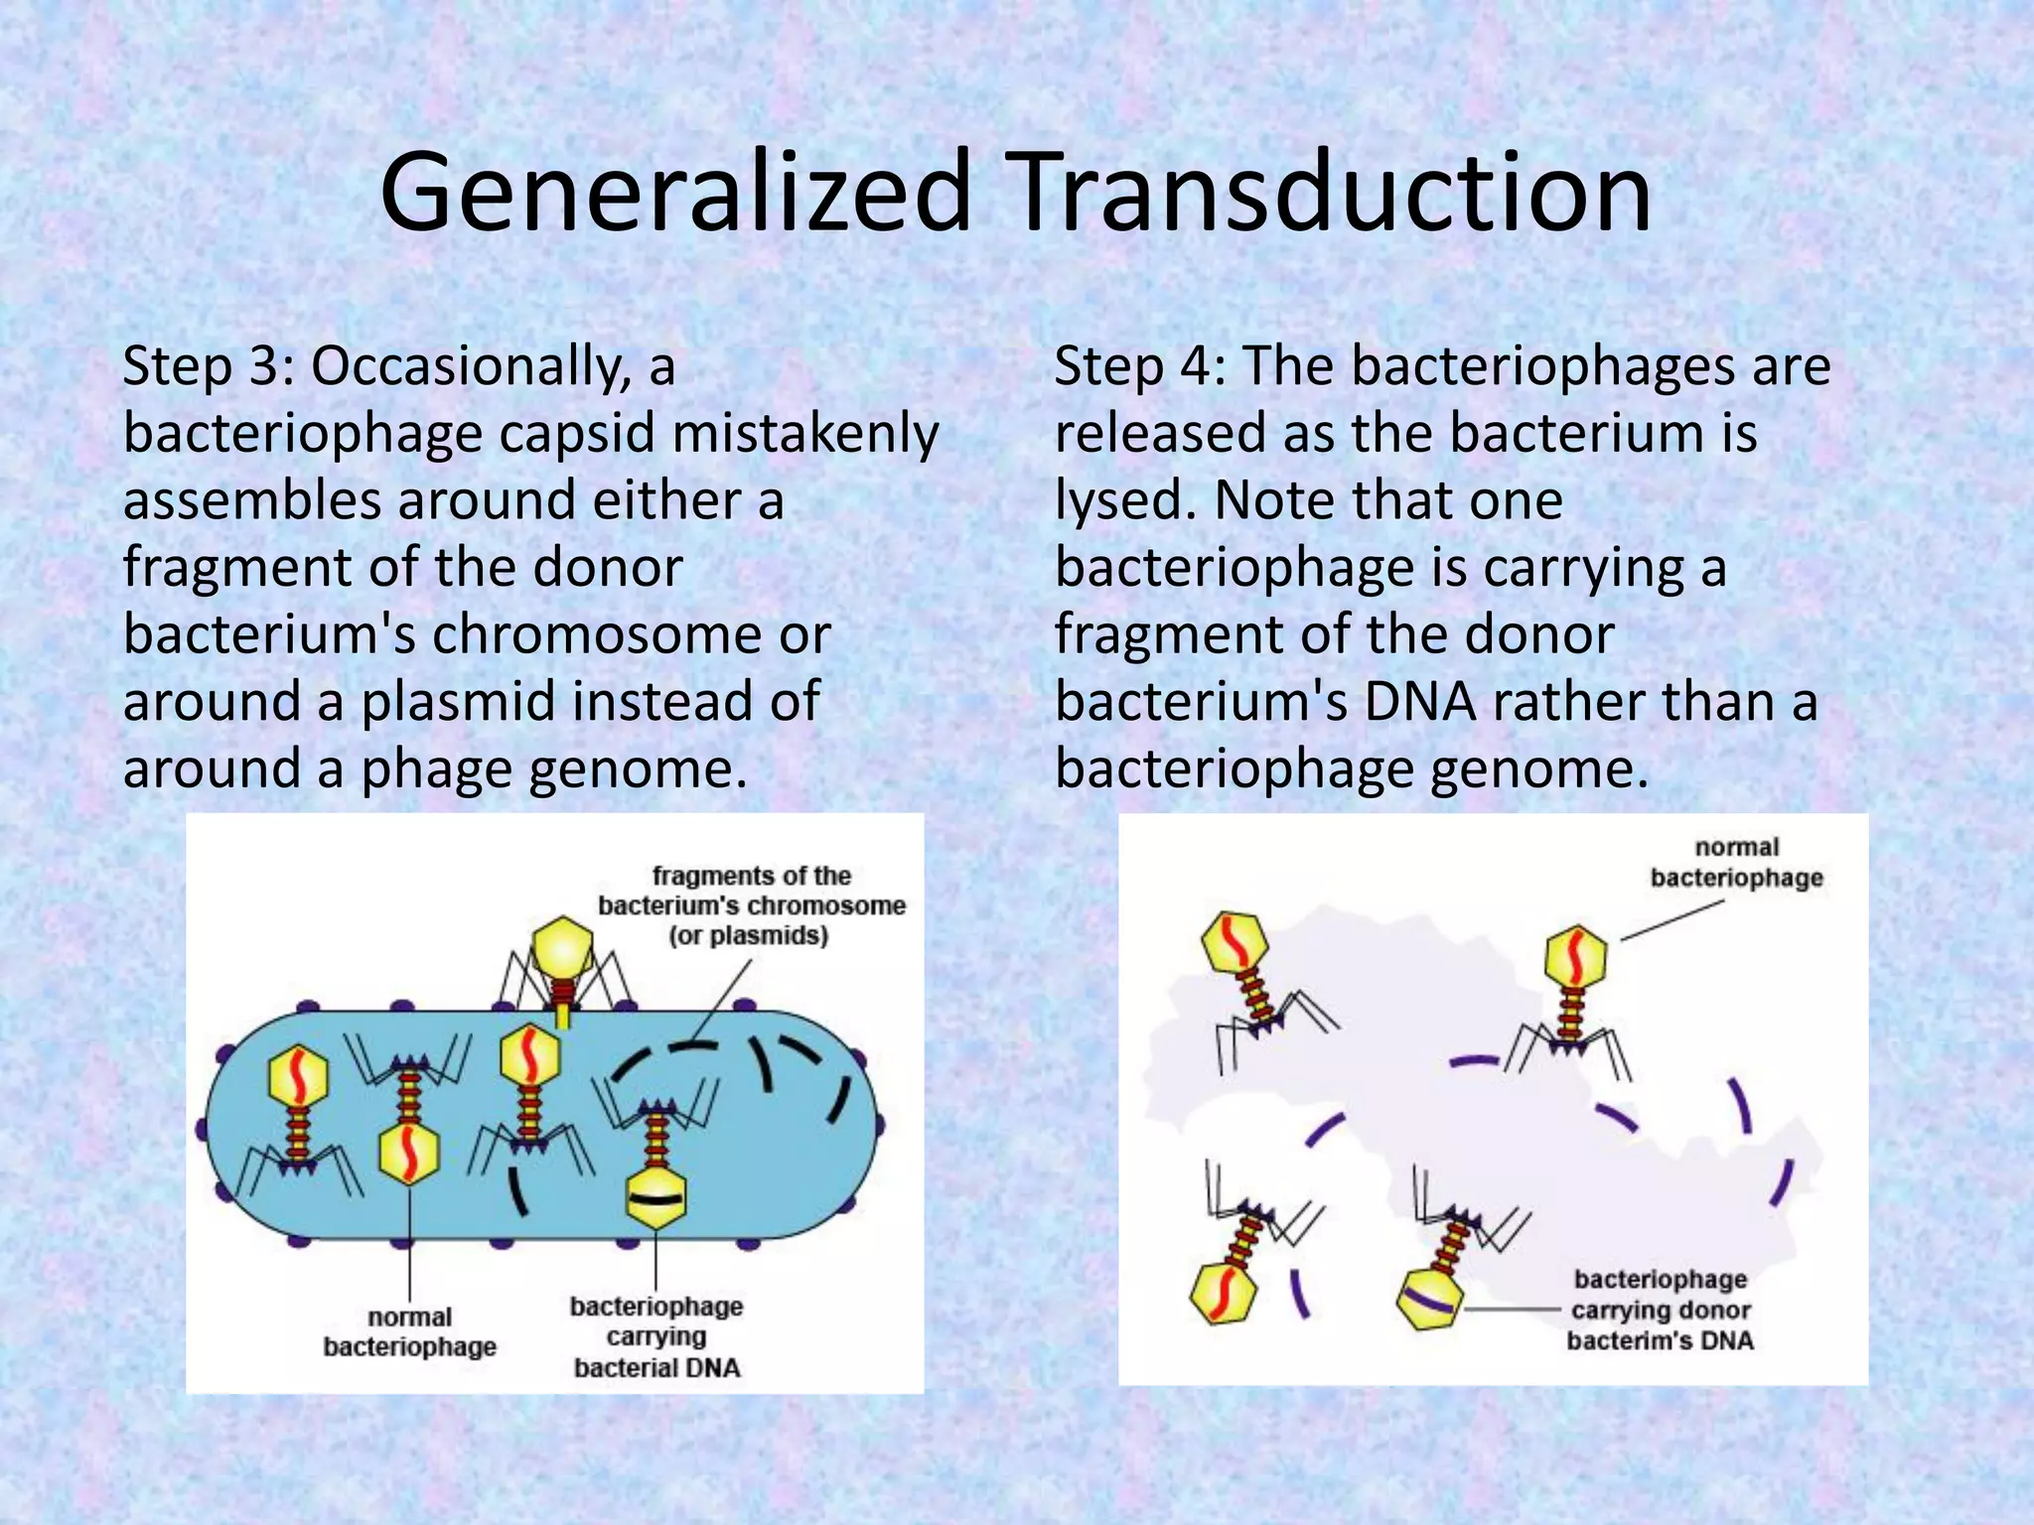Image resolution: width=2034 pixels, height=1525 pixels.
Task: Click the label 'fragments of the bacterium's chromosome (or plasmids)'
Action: (751, 905)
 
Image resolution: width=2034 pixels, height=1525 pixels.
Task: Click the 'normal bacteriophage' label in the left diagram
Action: (409, 1331)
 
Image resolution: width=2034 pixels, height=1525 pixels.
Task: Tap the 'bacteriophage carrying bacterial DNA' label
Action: (656, 1336)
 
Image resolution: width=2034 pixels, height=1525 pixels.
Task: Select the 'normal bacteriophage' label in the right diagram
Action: (1736, 862)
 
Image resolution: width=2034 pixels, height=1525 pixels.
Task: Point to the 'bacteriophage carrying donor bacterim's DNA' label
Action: (1660, 1310)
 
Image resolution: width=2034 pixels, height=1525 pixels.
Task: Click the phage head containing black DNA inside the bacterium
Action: (655, 1196)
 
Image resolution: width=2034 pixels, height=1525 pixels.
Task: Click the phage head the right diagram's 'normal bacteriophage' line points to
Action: (1575, 955)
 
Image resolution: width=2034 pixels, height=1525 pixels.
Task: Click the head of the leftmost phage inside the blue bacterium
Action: (298, 1076)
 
